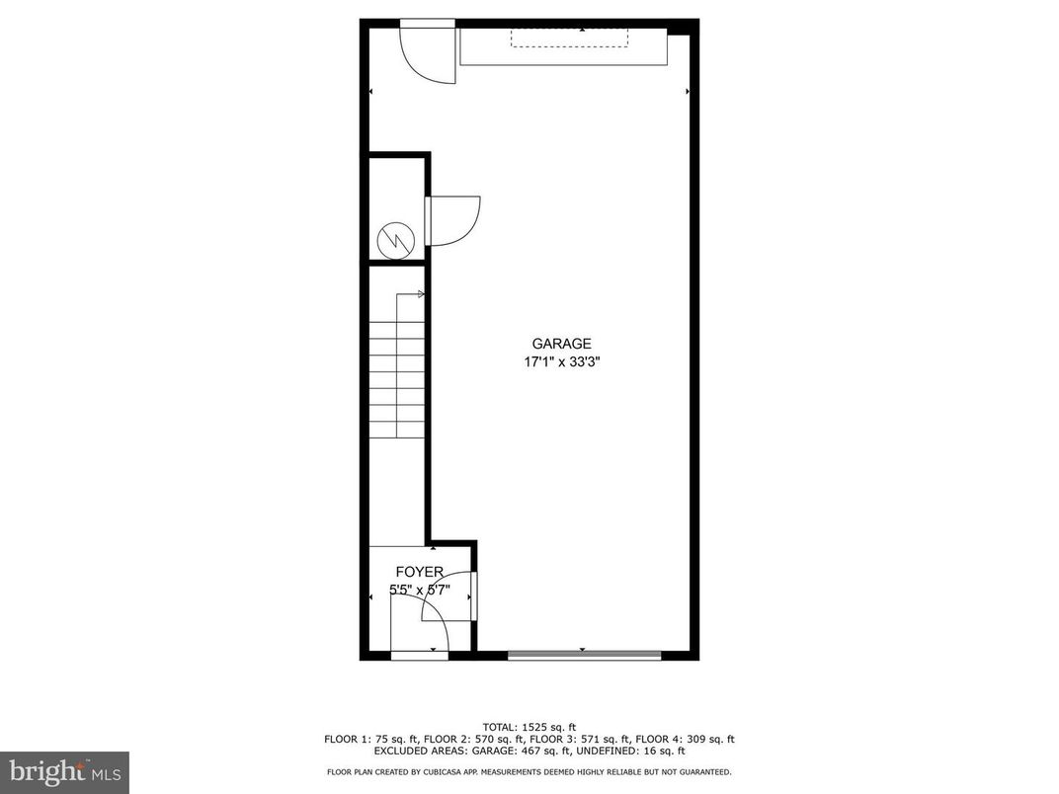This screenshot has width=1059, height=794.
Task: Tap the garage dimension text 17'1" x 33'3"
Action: [562, 362]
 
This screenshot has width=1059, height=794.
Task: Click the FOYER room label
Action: [419, 572]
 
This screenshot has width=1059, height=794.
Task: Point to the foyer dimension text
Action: [419, 591]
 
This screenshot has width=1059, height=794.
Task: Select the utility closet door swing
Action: [453, 220]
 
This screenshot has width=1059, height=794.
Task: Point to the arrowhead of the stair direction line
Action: [422, 294]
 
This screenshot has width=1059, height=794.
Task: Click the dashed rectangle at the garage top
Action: [569, 37]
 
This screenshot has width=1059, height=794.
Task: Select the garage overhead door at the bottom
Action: [584, 654]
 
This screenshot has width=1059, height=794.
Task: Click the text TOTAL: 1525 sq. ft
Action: [529, 727]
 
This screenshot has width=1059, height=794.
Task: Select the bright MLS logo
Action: [64, 771]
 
